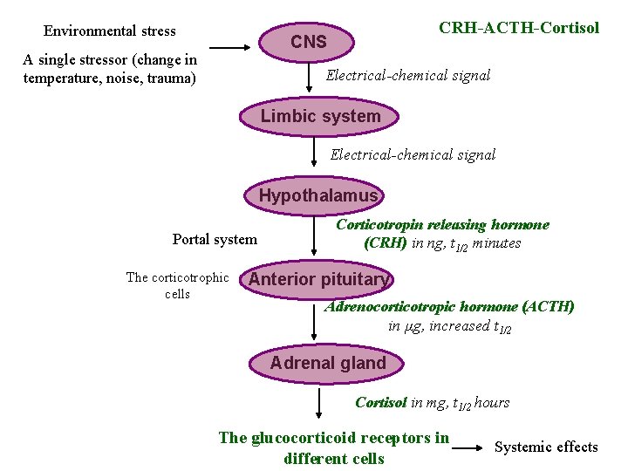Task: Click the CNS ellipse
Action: (309, 42)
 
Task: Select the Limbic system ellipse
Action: (320, 117)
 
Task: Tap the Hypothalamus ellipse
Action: (318, 196)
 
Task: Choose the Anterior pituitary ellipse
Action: (318, 280)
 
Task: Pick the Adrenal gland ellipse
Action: (328, 364)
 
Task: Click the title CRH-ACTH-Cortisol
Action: (518, 27)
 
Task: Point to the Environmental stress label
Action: (109, 31)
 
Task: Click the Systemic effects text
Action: (546, 447)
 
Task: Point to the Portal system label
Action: (215, 239)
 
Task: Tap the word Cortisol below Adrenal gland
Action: (381, 402)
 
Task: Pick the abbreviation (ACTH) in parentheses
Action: (549, 307)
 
